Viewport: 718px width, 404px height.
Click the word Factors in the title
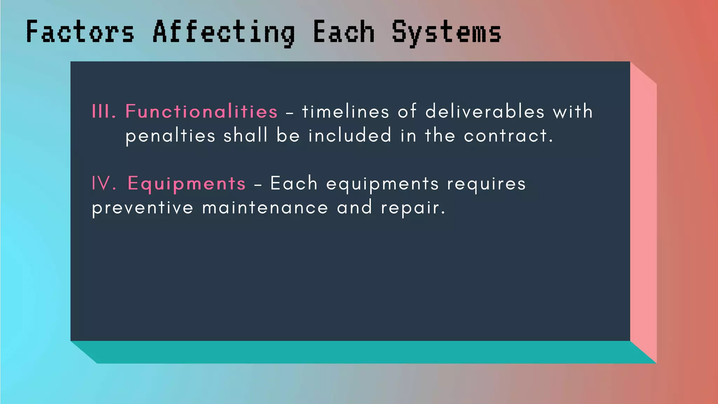pos(80,32)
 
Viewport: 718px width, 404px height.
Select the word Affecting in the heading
pos(224,33)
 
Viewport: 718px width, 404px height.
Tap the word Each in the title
pos(344,32)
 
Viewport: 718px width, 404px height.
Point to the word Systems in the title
pos(446,33)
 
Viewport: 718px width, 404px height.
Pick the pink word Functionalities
pos(202,112)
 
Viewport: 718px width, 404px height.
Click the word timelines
pos(345,112)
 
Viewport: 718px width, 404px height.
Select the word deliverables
pos(485,112)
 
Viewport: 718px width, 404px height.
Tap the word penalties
pos(170,136)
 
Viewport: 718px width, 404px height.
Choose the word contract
pos(508,136)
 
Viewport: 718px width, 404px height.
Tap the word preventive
pos(142,208)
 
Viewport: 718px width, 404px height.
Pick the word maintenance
pos(265,208)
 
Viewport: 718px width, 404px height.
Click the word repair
pos(413,208)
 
